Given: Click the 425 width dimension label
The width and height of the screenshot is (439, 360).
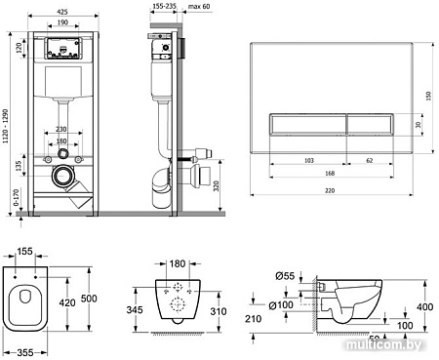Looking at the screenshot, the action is pyautogui.click(x=62, y=12).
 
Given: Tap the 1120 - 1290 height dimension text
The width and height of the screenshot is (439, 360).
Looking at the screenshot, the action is pyautogui.click(x=5, y=126).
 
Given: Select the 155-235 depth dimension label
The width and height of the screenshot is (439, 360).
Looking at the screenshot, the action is pyautogui.click(x=164, y=6).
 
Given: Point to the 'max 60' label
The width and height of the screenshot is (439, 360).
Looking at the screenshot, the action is pyautogui.click(x=199, y=6).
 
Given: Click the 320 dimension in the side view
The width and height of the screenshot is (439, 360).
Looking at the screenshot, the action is pyautogui.click(x=217, y=185).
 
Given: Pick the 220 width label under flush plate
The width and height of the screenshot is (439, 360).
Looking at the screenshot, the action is pyautogui.click(x=330, y=190).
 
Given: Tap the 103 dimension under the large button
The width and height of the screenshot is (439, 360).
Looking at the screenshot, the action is pyautogui.click(x=309, y=160).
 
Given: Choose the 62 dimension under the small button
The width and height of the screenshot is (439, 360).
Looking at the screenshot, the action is pyautogui.click(x=370, y=160).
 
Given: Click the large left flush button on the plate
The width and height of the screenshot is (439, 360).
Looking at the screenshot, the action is pyautogui.click(x=307, y=124).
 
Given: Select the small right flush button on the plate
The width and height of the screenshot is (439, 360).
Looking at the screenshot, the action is pyautogui.click(x=370, y=124).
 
